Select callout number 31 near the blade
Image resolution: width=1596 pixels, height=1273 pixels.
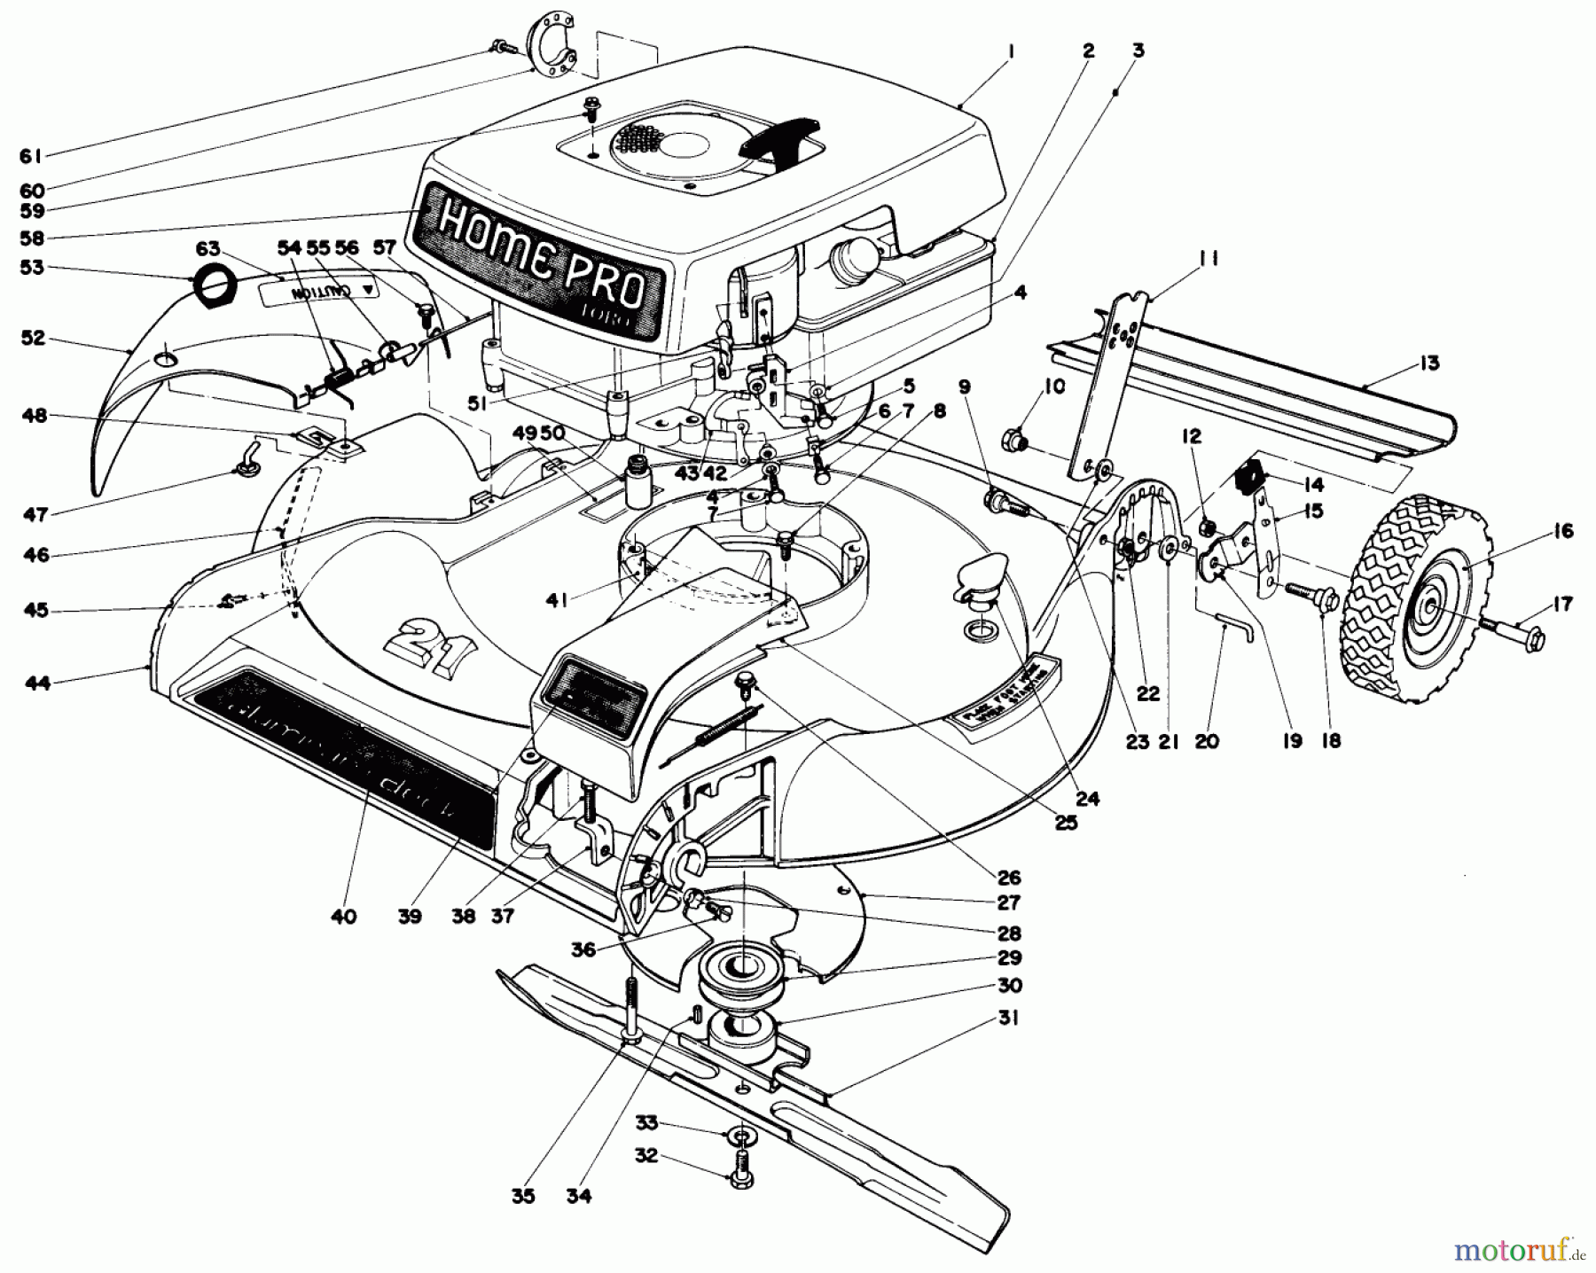1008,1019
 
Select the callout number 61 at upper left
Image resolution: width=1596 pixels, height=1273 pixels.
30,156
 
